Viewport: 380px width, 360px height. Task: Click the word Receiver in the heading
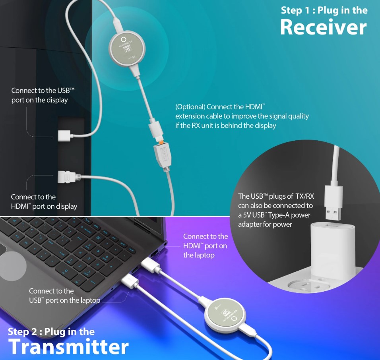point(323,27)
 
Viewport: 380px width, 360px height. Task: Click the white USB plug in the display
point(64,135)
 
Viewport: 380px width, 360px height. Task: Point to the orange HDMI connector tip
point(160,140)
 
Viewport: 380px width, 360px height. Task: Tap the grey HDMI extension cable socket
point(163,155)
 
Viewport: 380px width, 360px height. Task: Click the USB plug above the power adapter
point(333,203)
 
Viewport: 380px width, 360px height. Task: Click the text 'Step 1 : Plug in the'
point(324,10)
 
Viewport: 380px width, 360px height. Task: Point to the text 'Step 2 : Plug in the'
point(51,332)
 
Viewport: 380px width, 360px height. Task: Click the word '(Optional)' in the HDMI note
point(190,107)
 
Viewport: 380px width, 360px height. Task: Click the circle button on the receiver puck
point(123,40)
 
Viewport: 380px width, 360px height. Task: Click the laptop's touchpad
point(10,261)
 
